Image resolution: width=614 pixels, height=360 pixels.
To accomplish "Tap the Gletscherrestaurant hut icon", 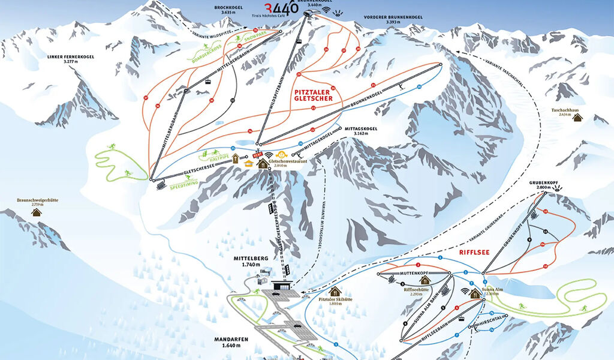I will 263,163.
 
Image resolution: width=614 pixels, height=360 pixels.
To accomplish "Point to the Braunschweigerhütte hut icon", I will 37,212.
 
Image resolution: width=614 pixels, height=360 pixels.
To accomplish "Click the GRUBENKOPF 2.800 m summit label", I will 544,184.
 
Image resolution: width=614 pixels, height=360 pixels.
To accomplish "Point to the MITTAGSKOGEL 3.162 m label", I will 360,131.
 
